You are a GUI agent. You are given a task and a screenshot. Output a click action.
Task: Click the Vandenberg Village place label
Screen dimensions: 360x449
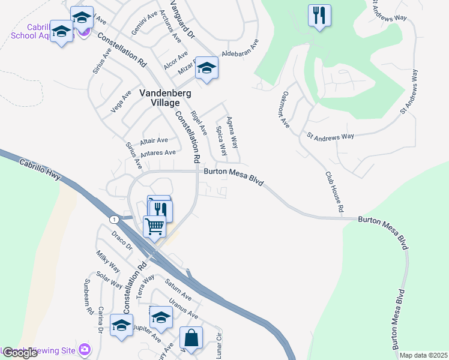159,98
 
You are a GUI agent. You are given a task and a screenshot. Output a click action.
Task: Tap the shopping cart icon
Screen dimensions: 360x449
154,227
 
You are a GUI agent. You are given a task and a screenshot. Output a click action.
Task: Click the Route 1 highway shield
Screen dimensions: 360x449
113,220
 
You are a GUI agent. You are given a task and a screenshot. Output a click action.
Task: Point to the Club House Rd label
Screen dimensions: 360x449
333,192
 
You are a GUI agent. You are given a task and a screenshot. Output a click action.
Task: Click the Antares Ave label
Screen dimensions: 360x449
158,153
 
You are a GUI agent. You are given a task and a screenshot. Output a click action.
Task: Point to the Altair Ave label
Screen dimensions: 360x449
154,141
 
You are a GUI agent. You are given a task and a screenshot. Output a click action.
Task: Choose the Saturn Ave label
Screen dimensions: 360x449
178,293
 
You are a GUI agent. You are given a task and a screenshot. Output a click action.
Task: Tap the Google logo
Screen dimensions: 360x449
20,353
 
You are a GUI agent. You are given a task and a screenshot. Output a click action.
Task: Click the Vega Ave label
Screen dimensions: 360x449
121,102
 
